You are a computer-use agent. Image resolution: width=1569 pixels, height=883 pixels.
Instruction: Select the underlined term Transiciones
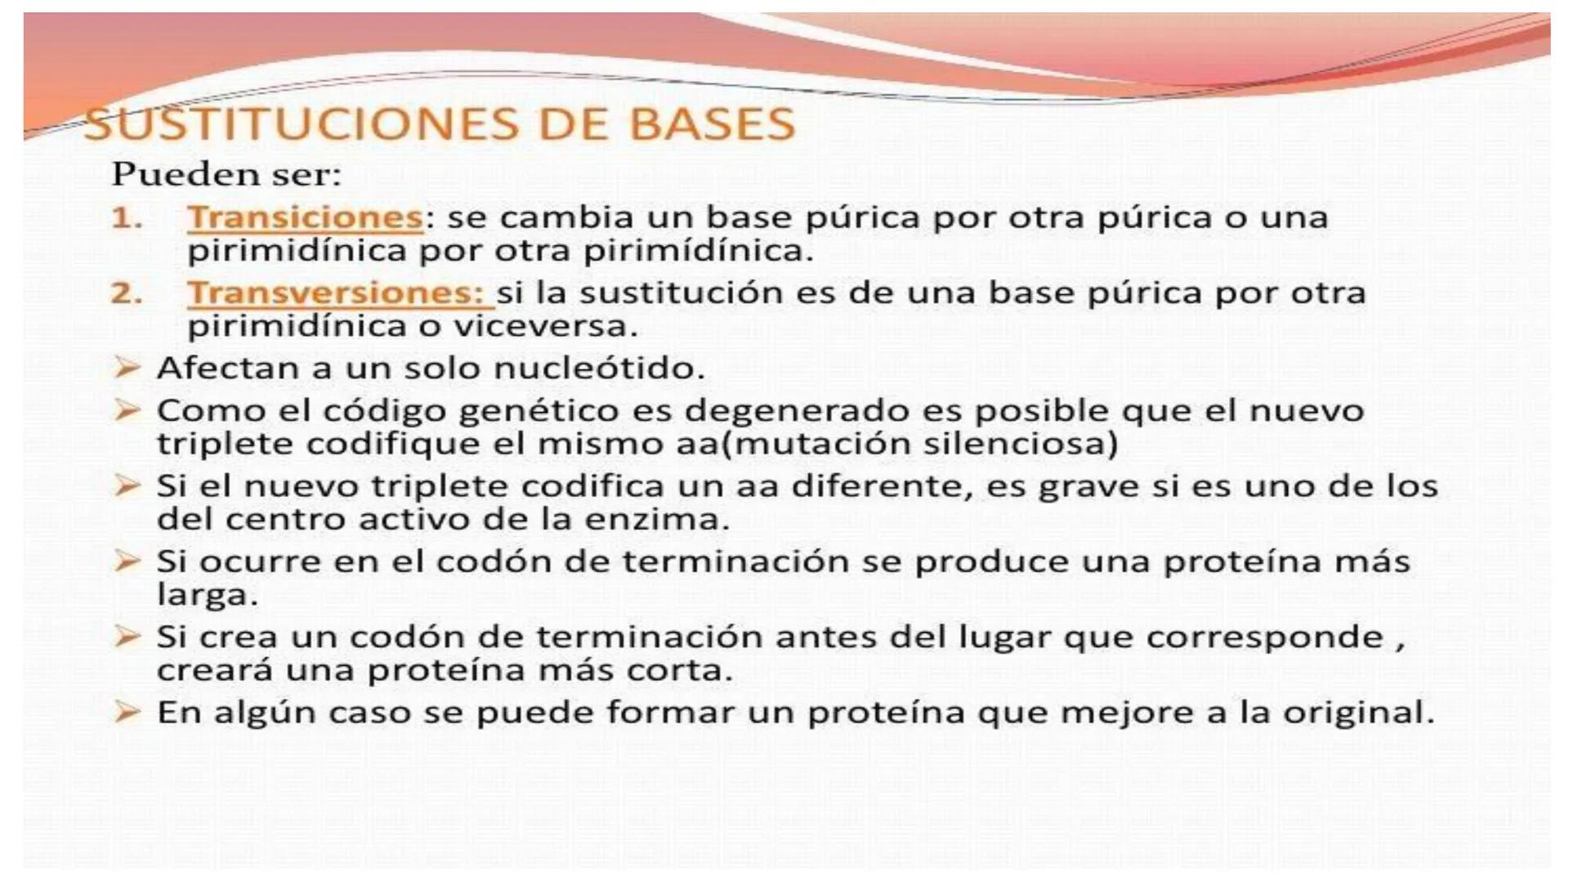click(305, 217)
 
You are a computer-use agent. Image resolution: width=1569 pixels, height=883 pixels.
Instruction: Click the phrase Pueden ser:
click(226, 174)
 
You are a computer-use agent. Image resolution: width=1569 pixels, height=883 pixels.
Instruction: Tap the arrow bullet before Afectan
click(127, 368)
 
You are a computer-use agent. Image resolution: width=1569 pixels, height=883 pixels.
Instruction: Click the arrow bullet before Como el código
click(127, 410)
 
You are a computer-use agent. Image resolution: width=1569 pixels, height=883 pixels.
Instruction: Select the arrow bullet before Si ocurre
click(127, 561)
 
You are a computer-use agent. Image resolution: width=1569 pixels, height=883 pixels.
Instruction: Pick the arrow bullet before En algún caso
click(127, 711)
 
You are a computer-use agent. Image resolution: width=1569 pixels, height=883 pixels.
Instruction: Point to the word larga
click(206, 595)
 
